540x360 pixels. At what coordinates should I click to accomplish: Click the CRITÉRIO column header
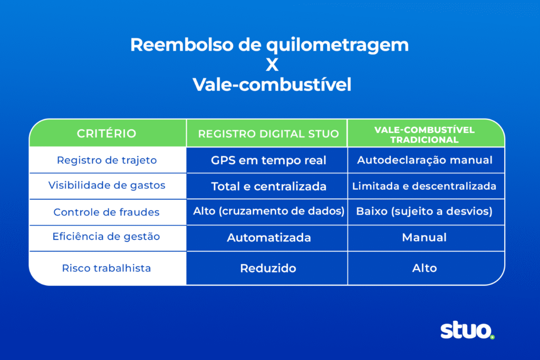107,133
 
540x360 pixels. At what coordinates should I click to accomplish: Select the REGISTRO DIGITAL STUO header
268,133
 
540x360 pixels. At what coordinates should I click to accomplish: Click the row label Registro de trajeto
107,160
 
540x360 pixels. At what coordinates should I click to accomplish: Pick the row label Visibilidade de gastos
107,186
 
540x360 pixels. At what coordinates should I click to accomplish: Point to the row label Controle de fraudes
107,212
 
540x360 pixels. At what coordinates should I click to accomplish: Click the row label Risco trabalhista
107,268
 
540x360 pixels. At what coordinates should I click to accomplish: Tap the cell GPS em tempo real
268,160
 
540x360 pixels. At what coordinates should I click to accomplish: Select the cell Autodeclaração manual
425,160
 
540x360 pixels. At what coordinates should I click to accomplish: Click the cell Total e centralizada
268,186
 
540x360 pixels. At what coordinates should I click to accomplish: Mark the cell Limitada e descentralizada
425,186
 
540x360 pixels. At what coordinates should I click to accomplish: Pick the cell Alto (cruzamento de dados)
268,211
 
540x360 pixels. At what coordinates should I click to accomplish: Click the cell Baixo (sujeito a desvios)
425,212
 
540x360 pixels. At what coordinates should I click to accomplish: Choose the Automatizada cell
268,238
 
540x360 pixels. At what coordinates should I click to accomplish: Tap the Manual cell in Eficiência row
425,238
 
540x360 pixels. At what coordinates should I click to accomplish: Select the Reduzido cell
268,268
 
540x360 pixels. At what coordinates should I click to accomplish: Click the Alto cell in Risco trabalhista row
425,268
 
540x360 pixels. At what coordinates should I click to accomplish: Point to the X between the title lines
270,65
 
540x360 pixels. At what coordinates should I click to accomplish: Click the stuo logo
467,331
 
